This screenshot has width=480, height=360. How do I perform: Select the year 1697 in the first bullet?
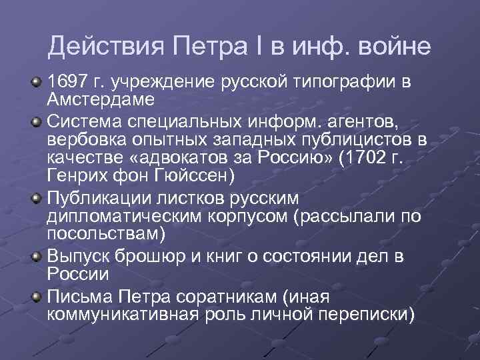point(67,83)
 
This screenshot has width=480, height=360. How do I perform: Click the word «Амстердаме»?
point(101,99)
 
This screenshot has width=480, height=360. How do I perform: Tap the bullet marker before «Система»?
point(35,122)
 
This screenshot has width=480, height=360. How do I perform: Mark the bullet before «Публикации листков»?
point(35,199)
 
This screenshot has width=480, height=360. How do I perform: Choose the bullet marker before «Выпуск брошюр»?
point(35,257)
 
